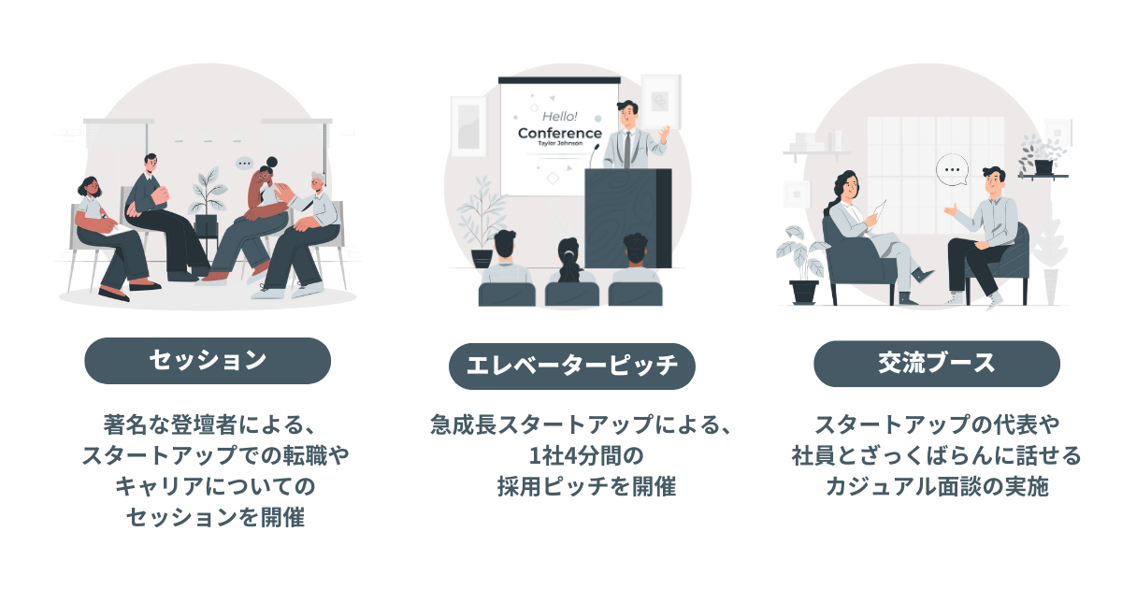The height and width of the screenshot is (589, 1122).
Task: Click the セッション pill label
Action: (208, 361)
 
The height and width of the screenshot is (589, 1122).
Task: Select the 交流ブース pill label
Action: (936, 364)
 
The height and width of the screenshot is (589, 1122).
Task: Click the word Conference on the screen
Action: (559, 133)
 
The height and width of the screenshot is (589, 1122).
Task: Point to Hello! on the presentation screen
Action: (560, 116)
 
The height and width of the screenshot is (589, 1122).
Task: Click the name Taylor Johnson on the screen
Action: (560, 144)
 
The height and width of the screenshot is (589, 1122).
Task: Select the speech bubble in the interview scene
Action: (952, 170)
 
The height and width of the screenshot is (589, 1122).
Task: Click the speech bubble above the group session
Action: (245, 163)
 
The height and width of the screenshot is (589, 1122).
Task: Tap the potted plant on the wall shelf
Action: (1041, 156)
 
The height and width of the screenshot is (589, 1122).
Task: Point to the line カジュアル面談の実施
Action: (936, 486)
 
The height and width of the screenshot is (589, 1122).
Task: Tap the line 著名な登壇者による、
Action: (208, 424)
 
